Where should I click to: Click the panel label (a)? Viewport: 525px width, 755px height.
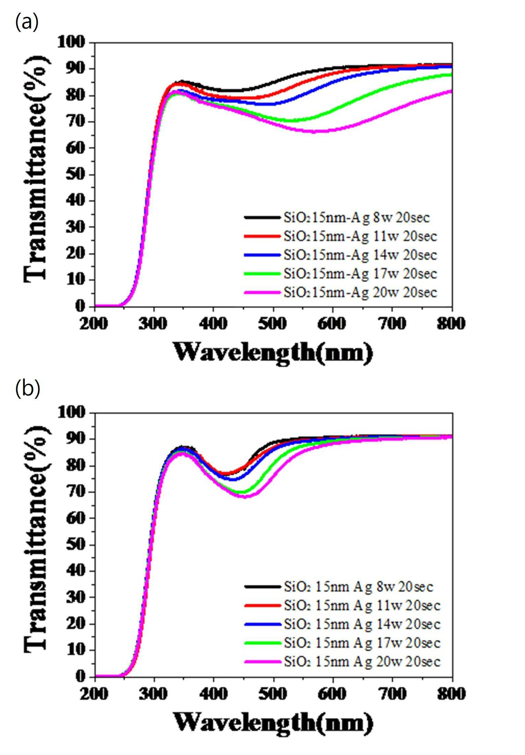click(27, 23)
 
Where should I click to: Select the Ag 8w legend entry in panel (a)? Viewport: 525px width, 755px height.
click(337, 217)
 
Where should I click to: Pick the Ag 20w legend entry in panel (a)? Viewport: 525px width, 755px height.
click(341, 292)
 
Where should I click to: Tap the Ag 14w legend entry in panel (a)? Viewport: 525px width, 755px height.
click(341, 255)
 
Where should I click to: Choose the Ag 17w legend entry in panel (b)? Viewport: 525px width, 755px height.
click(342, 642)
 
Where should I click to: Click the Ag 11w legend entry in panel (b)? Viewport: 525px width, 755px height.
click(342, 605)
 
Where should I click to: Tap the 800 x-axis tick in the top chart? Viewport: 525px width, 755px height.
click(451, 323)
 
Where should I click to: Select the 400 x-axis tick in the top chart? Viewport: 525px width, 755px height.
click(213, 323)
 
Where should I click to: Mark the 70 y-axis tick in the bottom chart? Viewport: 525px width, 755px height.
click(75, 491)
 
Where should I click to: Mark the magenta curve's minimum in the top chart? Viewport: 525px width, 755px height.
click(314, 131)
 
